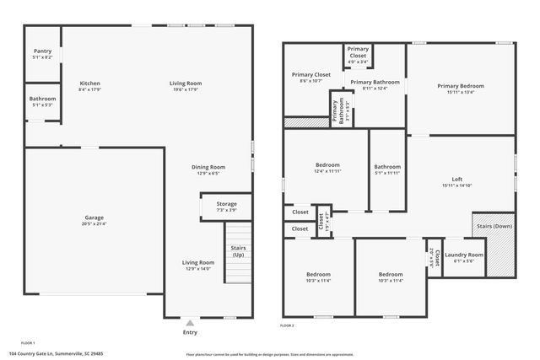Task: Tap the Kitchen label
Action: tap(90, 83)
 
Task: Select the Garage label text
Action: tap(94, 218)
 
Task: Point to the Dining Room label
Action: tap(208, 167)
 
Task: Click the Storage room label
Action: tap(226, 204)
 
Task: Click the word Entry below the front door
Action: tap(190, 331)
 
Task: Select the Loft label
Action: tap(457, 179)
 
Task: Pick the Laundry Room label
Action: tap(464, 255)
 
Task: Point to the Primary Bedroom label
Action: tap(461, 86)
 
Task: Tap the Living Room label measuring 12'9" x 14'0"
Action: tap(199, 263)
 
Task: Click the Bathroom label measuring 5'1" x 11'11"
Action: tap(388, 166)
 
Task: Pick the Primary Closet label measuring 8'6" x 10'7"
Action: tap(310, 75)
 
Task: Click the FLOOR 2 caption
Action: tap(287, 325)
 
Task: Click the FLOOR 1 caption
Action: tap(28, 343)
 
